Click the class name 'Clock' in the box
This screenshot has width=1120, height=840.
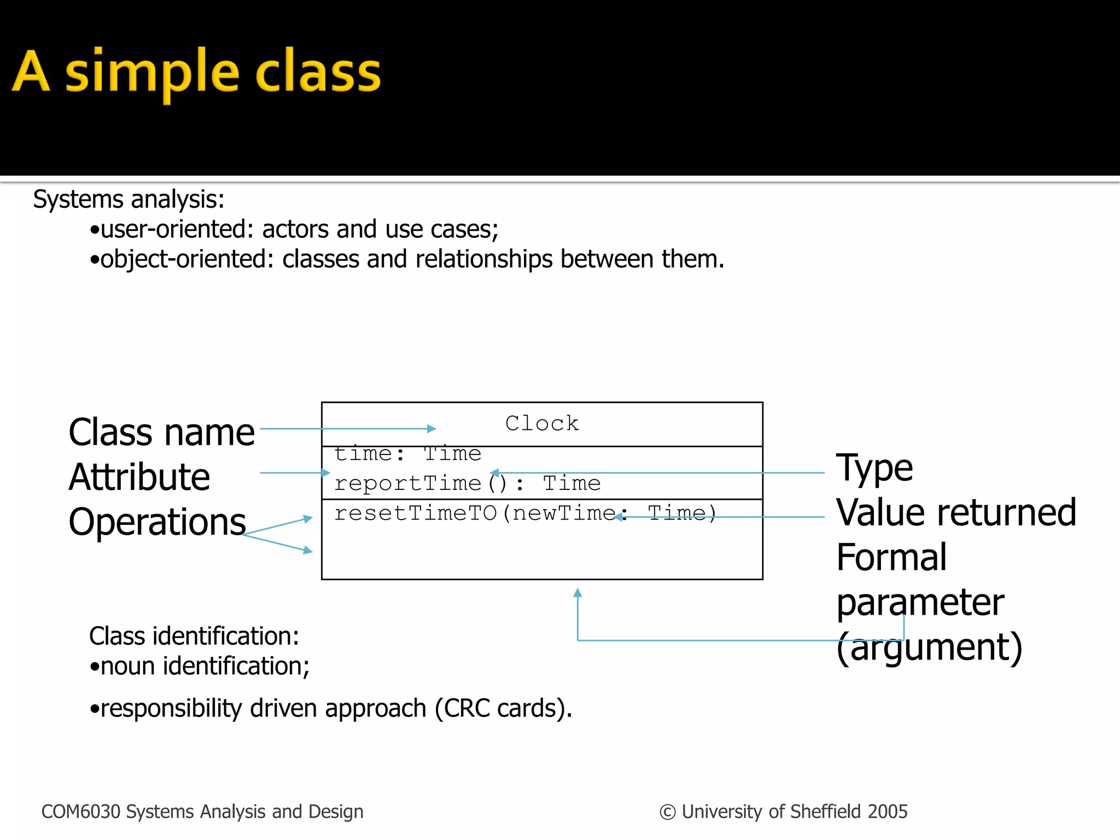541,423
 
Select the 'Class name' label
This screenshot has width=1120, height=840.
161,432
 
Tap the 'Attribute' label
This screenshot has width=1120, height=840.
139,477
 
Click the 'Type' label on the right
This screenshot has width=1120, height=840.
874,468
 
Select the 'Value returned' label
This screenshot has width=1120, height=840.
956,512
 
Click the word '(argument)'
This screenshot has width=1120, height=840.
929,647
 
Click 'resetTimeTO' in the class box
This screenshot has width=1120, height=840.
416,513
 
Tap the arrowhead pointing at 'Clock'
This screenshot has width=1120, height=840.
432,429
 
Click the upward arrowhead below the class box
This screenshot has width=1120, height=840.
577,592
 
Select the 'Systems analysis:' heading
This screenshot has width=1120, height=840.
129,199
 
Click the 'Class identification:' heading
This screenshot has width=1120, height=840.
194,636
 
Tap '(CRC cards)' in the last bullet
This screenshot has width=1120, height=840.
503,708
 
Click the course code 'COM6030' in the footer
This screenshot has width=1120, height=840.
80,812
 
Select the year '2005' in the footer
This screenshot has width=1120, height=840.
887,812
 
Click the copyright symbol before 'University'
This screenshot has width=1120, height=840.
667,812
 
